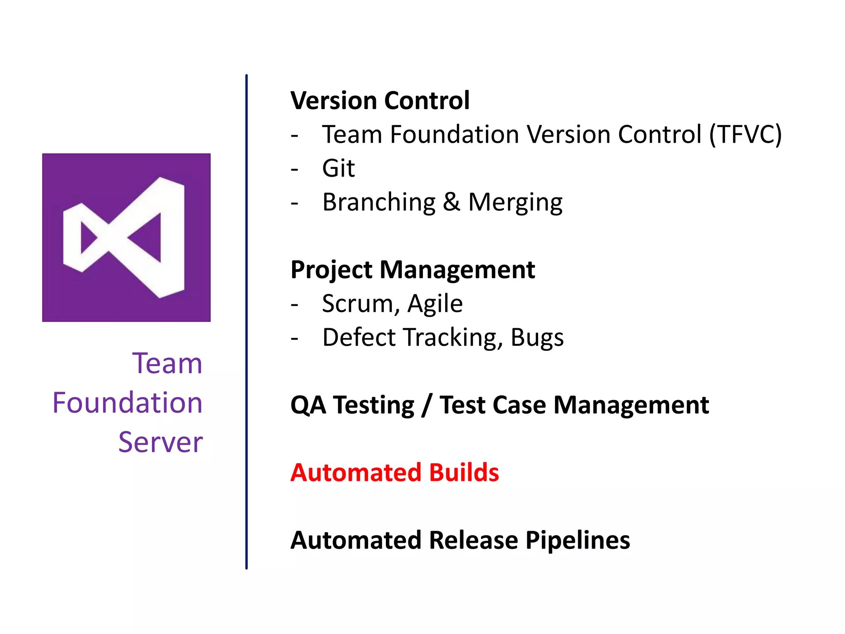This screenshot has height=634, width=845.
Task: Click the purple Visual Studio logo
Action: click(126, 237)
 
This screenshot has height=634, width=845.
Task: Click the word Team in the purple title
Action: click(167, 364)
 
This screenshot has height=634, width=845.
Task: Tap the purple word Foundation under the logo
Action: click(127, 403)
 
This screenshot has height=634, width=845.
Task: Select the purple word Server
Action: click(161, 442)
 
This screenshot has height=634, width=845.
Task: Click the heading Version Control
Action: click(380, 100)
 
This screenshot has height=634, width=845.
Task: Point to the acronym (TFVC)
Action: click(745, 135)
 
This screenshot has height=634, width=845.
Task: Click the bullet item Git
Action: click(338, 168)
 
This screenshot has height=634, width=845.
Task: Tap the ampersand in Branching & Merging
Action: click(451, 202)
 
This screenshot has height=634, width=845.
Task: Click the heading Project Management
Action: click(412, 270)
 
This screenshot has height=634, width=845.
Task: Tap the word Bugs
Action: click(537, 338)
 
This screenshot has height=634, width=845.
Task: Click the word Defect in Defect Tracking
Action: click(359, 337)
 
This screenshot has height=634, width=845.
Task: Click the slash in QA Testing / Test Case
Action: click(427, 405)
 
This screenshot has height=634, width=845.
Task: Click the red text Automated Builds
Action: click(394, 473)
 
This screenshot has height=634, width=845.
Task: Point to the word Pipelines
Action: click(577, 540)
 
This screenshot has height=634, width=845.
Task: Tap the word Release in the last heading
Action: click(473, 540)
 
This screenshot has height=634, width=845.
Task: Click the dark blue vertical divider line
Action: click(246, 322)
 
